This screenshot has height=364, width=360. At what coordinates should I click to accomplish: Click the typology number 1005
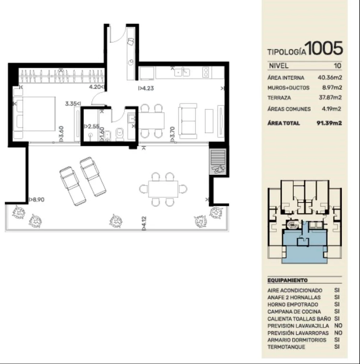click(x=324, y=48)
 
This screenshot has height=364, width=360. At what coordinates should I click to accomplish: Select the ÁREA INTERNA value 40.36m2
click(x=330, y=77)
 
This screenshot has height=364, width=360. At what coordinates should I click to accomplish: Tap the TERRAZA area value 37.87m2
click(x=330, y=97)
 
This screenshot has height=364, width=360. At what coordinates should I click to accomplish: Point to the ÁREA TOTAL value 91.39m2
click(x=329, y=123)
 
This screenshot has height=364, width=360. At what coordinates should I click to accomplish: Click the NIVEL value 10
click(x=337, y=66)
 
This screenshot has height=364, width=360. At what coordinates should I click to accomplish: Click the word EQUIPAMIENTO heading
click(x=287, y=280)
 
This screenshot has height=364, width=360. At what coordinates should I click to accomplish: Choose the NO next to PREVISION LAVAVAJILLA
click(x=338, y=326)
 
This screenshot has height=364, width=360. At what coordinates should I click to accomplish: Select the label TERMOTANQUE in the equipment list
click(x=286, y=347)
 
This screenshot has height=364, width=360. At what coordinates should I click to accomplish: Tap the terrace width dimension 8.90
click(x=36, y=200)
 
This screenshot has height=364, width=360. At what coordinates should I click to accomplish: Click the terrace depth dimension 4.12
click(x=144, y=223)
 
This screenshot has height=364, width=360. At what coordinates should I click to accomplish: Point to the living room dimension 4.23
click(x=146, y=88)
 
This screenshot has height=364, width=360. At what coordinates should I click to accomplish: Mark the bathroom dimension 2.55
click(x=92, y=126)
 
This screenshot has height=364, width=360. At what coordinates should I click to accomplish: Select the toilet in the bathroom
click(x=120, y=134)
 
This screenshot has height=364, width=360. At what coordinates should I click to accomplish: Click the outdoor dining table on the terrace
click(x=163, y=189)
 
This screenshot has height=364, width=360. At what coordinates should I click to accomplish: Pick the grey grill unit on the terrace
click(x=218, y=161)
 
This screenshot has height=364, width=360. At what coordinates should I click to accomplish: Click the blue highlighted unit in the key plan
click(x=305, y=246)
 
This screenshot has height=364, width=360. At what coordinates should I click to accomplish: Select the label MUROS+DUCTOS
click(x=288, y=88)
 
